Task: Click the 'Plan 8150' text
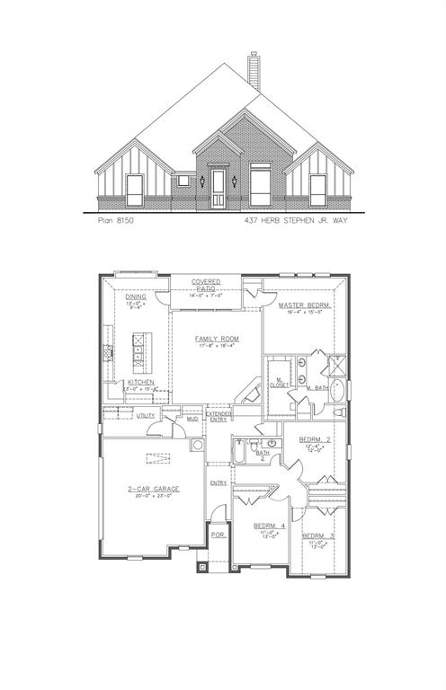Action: [x=115, y=218]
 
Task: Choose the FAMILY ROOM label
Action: [x=218, y=339]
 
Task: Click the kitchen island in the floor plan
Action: [x=141, y=353]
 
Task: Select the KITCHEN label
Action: [x=140, y=383]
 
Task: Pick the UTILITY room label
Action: [x=146, y=415]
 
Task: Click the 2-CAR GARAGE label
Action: [x=154, y=489]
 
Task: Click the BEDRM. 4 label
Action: [x=270, y=525]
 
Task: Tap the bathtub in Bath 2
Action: [x=240, y=452]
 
